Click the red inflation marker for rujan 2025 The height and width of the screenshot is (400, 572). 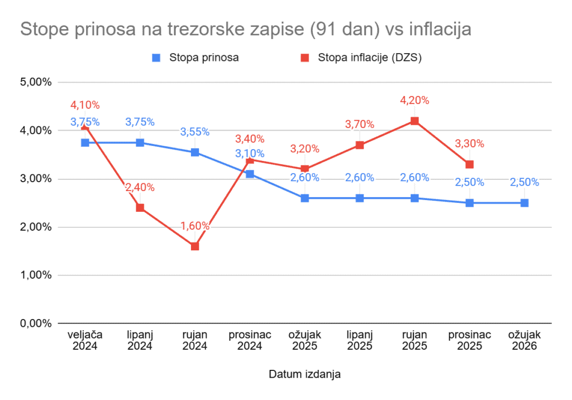[414, 121]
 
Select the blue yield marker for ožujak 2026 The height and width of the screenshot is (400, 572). [525, 203]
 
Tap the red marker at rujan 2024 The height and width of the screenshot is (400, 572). [195, 246]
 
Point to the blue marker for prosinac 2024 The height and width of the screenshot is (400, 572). [250, 174]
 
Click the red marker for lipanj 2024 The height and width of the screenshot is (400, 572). [140, 208]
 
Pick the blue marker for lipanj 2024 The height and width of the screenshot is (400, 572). [140, 142]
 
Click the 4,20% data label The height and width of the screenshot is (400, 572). [414, 101]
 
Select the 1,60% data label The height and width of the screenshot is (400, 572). [195, 226]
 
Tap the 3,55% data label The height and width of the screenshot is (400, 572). [195, 132]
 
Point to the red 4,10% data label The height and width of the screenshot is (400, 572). [85, 104]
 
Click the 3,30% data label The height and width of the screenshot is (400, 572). [469, 144]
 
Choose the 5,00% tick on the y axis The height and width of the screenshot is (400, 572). [36, 82]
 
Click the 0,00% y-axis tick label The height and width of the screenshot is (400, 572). [36, 323]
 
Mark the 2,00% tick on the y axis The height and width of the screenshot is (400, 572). [36, 227]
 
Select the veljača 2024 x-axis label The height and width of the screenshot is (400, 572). [85, 340]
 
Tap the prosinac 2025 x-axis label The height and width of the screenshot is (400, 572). [469, 340]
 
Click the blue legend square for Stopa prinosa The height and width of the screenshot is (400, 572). [157, 58]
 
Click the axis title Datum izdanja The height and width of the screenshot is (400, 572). [304, 374]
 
